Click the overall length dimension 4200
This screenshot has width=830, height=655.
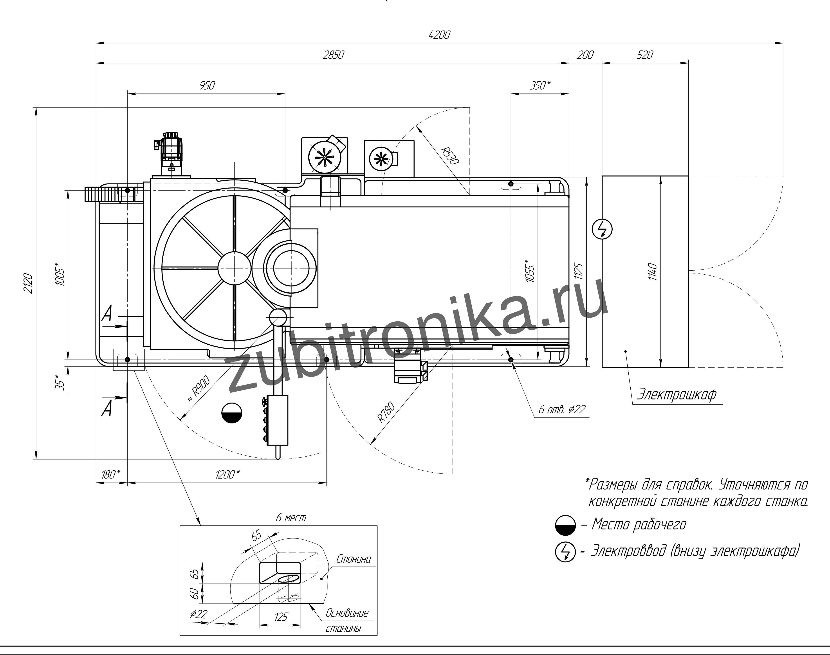(x=439, y=35)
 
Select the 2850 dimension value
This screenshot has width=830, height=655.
(x=333, y=55)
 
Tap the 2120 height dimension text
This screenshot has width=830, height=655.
(x=28, y=283)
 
